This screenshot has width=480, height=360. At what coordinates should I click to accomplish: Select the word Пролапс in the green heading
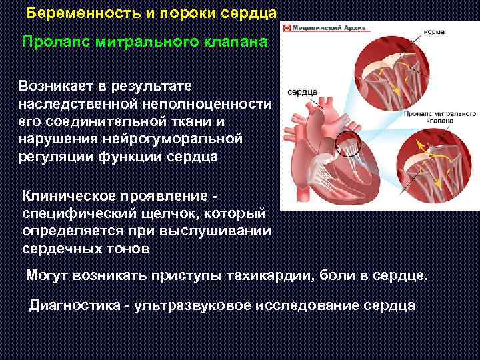tap(55, 42)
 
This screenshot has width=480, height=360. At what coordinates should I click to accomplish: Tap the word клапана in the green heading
tap(235, 42)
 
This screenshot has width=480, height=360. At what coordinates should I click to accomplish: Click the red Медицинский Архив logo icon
tap(287, 29)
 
